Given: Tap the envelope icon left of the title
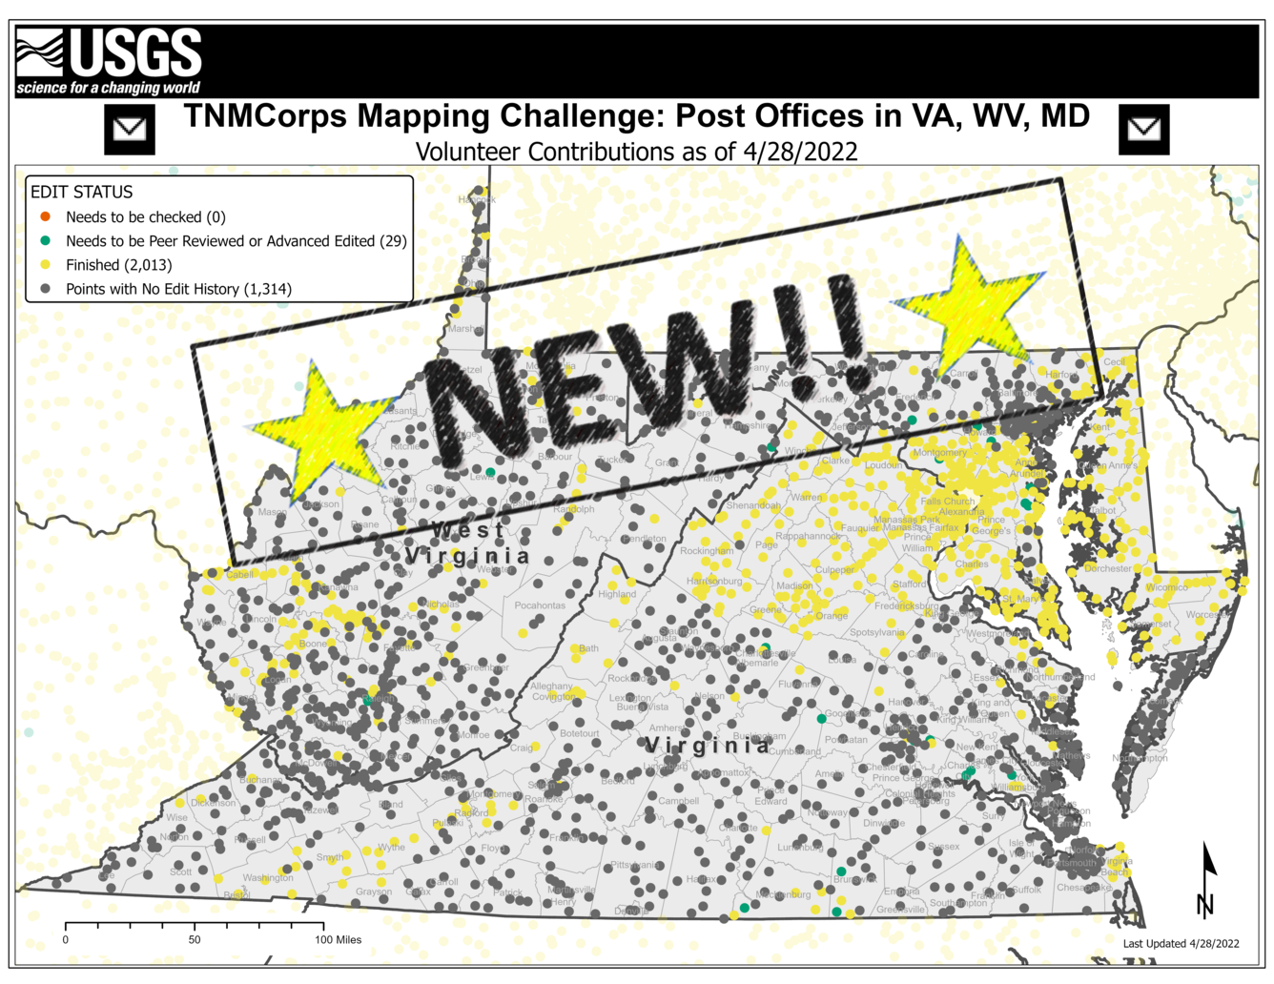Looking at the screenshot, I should pos(130,129).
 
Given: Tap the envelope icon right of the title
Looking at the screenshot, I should pos(1143,129).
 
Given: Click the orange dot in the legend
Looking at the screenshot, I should pos(45,216).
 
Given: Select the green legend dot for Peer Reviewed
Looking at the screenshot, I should pos(45,240).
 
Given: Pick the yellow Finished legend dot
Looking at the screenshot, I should pos(45,264).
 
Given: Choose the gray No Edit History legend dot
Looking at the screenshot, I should pos(45,288).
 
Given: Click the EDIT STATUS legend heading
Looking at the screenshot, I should pos(82,192).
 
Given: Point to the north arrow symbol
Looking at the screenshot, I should pos(1207,878).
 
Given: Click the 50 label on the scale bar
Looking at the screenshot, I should pos(195,939).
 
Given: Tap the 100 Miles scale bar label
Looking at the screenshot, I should pos(339,939).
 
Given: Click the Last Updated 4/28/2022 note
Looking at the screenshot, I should pos(1181,943).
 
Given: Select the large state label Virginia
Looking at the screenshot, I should pos(707,745).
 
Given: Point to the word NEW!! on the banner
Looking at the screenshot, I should pos(648,367).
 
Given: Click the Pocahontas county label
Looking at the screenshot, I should pos(540,605).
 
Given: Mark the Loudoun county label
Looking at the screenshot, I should pos(883,465).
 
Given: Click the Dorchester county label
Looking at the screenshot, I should pos(1108,568).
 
